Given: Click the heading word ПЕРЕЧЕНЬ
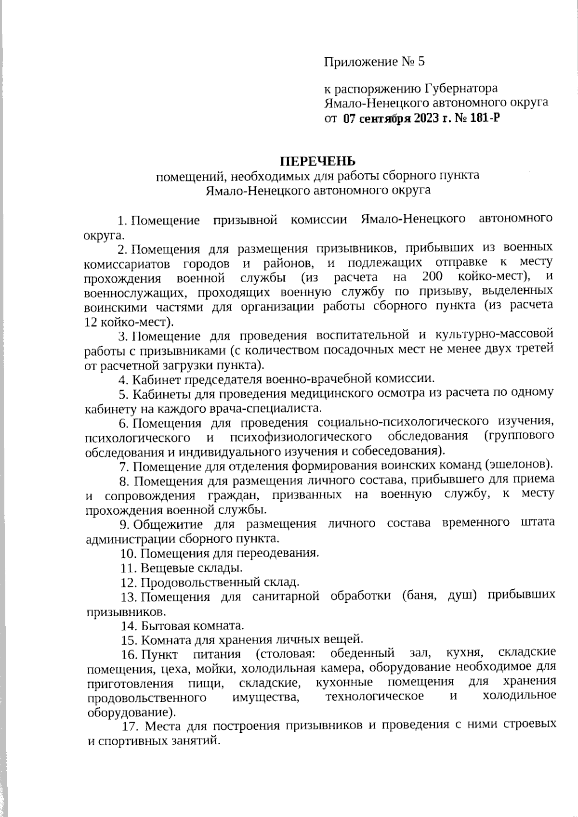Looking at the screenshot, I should point(318,160).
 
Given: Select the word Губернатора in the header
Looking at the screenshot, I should point(461,89).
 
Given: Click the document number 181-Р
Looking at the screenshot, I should point(486,117).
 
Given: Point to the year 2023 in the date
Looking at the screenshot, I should point(426,117).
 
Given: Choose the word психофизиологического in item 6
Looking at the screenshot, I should point(302,437).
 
